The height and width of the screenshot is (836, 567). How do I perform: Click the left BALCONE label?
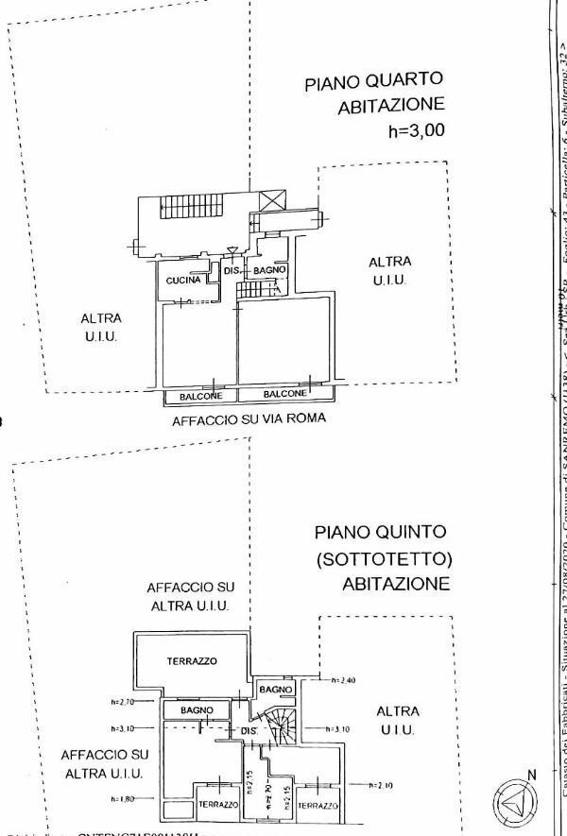coord(200,396)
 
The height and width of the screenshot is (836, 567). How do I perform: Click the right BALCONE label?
coord(284,394)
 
